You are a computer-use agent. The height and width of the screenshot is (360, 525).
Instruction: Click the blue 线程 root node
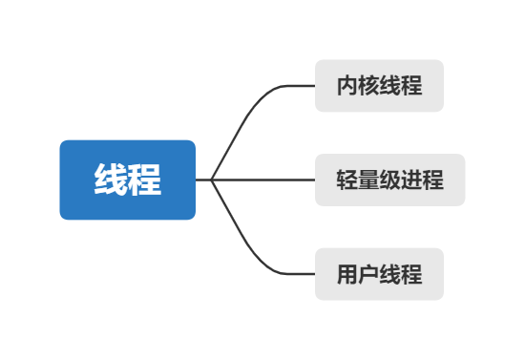127,180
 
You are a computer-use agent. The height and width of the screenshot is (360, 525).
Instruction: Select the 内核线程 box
379,86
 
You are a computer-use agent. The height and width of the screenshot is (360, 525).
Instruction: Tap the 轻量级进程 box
390,180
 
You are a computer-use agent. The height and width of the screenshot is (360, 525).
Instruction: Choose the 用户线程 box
379,274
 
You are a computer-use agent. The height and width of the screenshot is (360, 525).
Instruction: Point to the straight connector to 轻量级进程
267,180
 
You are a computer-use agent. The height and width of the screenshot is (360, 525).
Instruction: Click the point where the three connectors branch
211,180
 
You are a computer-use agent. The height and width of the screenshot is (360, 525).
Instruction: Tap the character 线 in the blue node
111,180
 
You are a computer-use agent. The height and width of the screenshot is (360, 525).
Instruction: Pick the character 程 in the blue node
144,180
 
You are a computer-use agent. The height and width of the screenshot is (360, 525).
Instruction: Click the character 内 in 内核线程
347,86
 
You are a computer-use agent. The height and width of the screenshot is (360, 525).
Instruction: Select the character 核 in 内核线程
368,86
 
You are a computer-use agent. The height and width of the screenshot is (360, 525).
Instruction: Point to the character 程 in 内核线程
411,86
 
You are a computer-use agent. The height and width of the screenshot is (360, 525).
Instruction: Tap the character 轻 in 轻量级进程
347,180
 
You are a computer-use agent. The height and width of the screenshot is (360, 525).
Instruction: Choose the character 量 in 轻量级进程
368,180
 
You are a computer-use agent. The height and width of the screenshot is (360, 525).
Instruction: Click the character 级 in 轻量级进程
390,180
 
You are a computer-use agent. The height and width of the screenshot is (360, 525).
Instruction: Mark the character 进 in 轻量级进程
411,180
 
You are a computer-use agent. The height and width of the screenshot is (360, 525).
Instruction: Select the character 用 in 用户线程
347,274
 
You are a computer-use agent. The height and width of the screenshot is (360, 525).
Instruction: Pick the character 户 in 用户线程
368,274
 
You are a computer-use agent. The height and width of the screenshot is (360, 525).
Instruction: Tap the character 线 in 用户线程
390,274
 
